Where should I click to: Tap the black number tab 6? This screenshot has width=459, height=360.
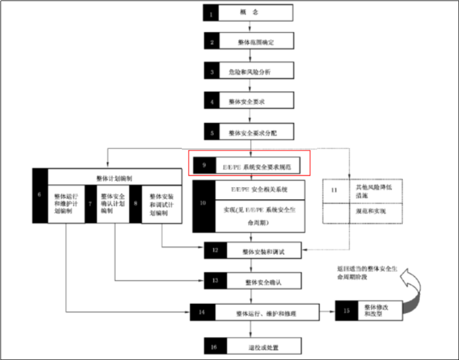tap(39, 195)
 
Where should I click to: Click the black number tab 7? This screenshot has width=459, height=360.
tap(90, 203)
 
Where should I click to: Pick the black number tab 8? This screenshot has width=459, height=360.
tap(136, 203)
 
